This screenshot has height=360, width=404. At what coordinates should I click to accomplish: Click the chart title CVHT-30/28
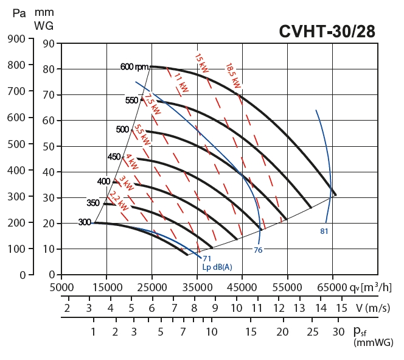(x=327, y=32)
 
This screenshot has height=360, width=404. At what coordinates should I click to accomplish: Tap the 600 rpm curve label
(x=134, y=67)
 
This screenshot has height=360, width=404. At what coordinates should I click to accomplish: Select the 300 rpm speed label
(x=85, y=222)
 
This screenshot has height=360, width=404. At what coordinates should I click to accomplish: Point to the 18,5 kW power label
(x=234, y=75)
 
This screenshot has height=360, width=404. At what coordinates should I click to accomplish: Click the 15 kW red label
(x=202, y=65)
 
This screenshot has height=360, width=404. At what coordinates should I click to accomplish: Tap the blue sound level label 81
(x=324, y=231)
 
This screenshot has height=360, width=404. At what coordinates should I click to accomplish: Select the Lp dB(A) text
(x=217, y=267)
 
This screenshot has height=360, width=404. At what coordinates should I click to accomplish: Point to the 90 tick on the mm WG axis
(x=49, y=43)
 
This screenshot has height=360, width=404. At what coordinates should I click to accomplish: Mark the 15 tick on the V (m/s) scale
(x=341, y=308)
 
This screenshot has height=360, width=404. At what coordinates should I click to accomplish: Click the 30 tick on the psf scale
(x=338, y=332)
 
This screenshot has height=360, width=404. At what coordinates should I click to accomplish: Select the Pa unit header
(x=19, y=13)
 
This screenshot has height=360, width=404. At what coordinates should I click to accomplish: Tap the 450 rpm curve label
(x=114, y=157)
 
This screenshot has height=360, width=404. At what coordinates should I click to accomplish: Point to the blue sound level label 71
(x=207, y=259)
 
